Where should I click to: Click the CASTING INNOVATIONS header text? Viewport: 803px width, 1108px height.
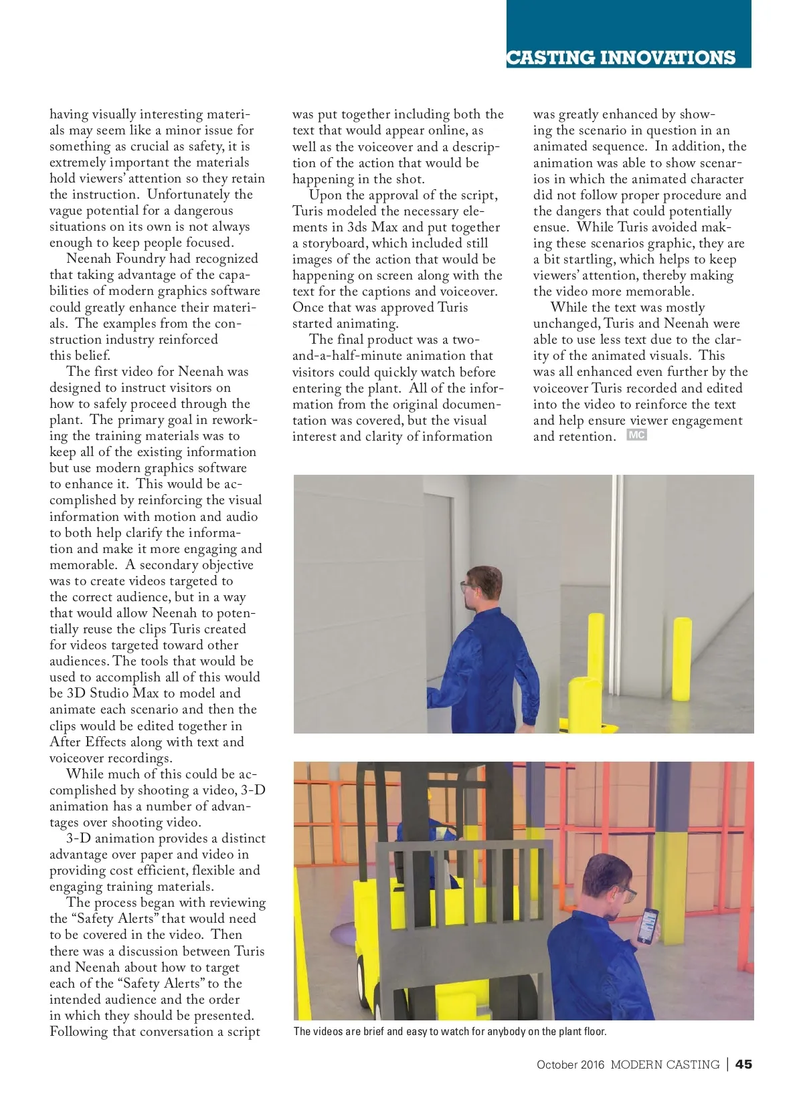[620, 58]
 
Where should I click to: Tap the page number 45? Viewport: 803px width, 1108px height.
[743, 1064]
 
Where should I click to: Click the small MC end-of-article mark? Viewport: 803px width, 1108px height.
[636, 435]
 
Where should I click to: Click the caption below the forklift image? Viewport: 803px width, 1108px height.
[450, 1031]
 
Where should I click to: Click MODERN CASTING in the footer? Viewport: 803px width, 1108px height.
[664, 1065]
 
